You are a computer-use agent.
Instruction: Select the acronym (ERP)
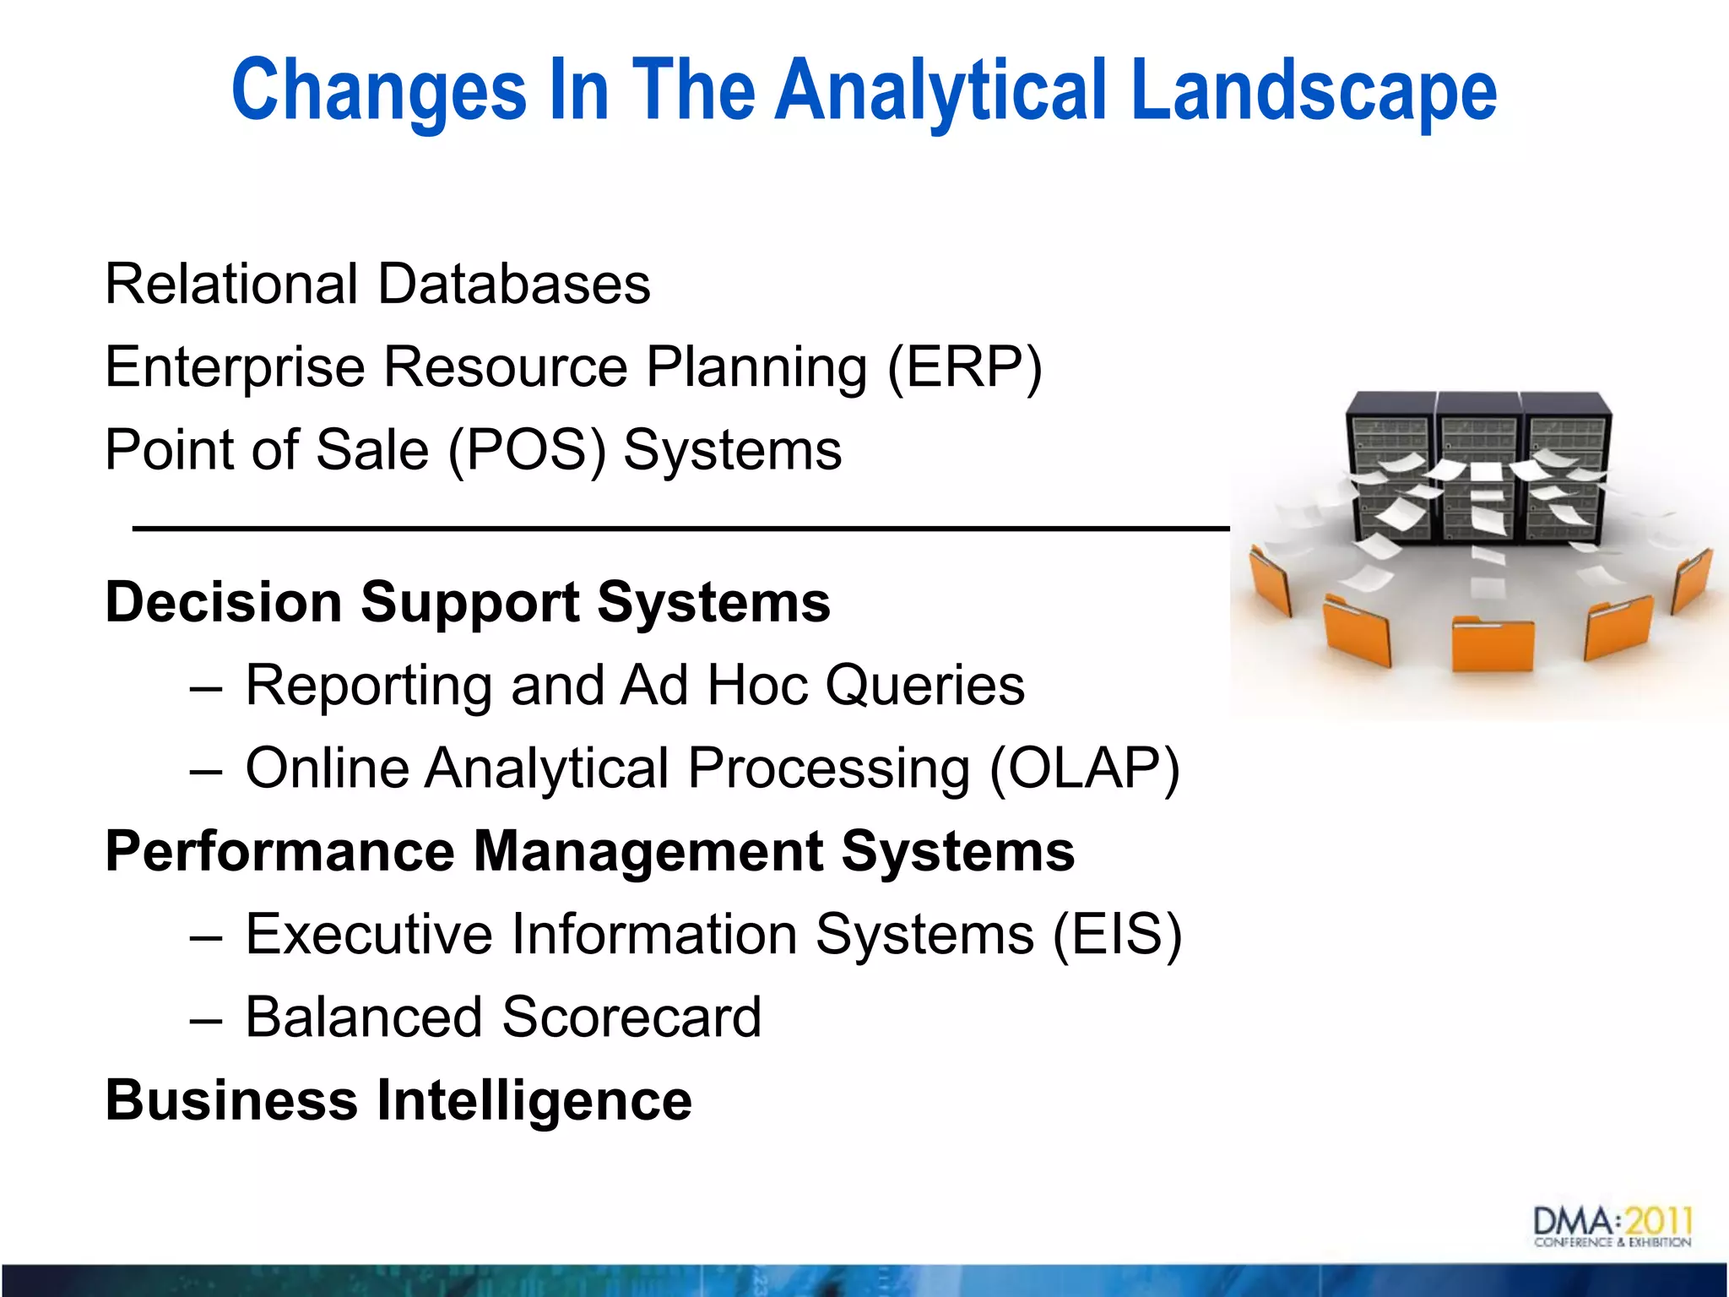(x=965, y=367)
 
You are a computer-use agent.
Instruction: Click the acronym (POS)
(x=527, y=450)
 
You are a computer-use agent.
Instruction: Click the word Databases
(x=514, y=284)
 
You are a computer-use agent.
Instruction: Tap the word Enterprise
(x=235, y=367)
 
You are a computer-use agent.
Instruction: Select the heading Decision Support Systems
(x=468, y=602)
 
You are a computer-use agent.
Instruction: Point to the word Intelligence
(x=534, y=1100)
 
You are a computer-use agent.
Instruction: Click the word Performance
(x=279, y=851)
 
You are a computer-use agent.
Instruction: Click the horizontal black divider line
(x=680, y=529)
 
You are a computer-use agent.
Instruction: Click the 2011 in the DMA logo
(x=1659, y=1221)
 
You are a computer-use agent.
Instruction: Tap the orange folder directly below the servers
(x=1492, y=643)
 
